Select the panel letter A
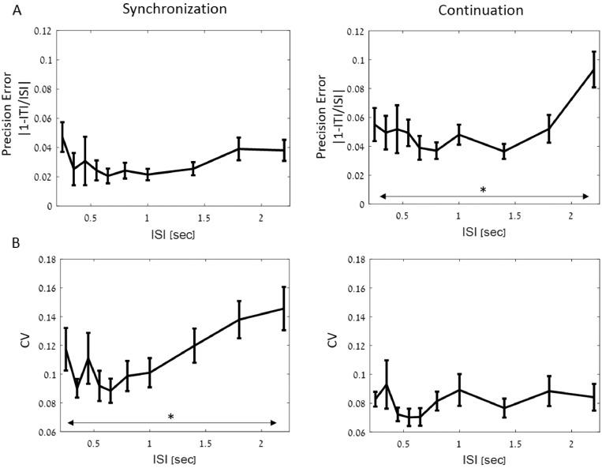pos(7,11)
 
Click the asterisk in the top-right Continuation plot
pos(483,190)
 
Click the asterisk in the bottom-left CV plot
pos(170,417)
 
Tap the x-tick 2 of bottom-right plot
pos(571,444)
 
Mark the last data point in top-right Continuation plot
pos(593,69)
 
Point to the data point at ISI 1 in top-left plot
pos(148,174)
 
